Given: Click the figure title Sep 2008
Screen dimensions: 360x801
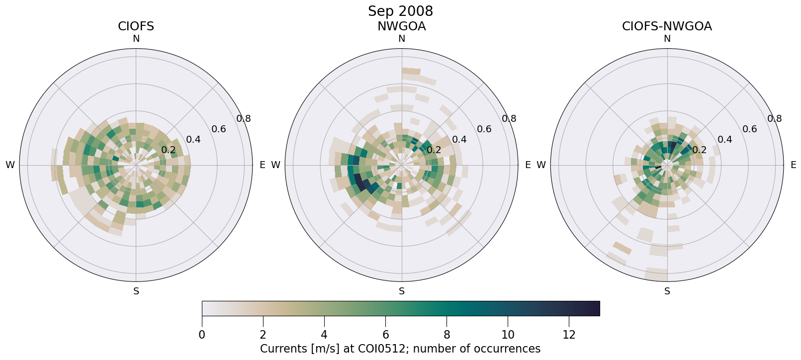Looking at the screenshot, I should (400, 11).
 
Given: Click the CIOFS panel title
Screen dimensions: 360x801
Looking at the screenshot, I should (136, 26).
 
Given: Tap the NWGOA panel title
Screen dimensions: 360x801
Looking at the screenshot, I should (401, 26).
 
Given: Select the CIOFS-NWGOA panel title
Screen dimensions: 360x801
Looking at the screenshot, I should (667, 26).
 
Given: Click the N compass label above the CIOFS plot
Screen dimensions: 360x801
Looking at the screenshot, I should (136, 39).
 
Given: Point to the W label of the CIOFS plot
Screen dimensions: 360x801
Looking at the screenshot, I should (10, 165).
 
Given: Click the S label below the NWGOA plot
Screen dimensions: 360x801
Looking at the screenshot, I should (401, 291).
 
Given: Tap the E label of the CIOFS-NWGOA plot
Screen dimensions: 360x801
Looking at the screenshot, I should (793, 165).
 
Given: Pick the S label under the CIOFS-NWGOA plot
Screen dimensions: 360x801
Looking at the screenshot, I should (667, 291).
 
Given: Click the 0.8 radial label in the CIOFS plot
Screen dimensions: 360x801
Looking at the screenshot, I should (244, 119).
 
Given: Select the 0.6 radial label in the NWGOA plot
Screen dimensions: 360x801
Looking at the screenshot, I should (484, 129).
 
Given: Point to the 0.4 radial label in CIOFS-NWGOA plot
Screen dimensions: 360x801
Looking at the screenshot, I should (724, 140).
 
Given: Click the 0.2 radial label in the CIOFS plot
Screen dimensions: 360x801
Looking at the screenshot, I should (169, 150).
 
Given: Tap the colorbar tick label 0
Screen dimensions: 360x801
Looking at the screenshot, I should (202, 335).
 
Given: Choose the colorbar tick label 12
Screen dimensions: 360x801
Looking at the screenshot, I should (569, 335).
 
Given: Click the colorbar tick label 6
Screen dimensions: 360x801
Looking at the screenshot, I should (385, 335).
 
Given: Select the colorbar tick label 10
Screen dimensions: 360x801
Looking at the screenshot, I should (508, 335).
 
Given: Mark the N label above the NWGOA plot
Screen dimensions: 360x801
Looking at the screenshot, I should (401, 39).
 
